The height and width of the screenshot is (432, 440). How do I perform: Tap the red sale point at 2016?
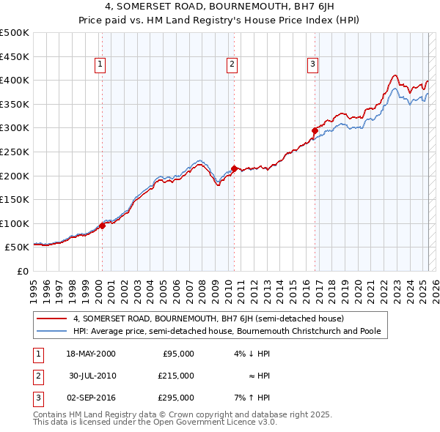pos(315,130)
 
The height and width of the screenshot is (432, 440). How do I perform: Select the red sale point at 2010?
pos(234,168)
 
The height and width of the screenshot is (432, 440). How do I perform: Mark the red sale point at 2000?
pos(102,226)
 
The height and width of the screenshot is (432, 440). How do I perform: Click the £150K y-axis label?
pos(15,199)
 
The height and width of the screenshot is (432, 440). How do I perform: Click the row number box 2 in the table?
pos(37,376)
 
